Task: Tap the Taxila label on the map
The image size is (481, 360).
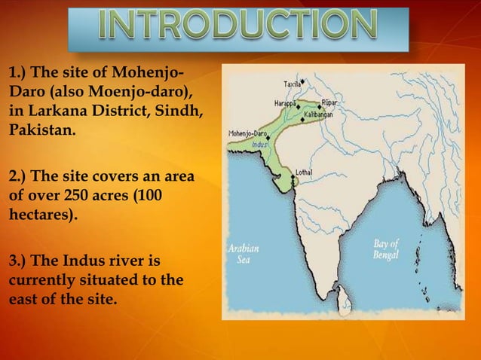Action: click(292, 83)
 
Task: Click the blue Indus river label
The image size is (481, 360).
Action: click(259, 142)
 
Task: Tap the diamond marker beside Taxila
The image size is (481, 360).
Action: click(303, 81)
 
